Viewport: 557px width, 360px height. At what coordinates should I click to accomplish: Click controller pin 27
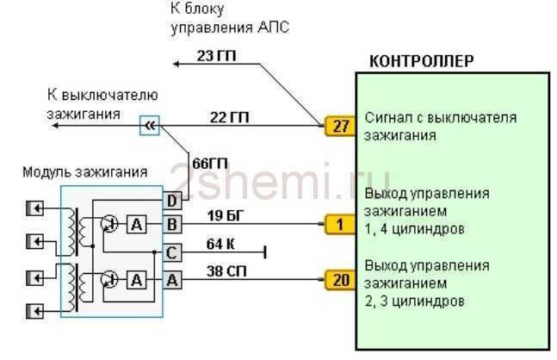tap(340, 126)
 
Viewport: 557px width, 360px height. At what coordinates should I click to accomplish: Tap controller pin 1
tap(340, 224)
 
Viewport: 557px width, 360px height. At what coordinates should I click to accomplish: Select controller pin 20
tap(340, 280)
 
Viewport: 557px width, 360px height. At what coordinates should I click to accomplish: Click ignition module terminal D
tap(172, 202)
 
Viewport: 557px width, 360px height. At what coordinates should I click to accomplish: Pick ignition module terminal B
tap(172, 224)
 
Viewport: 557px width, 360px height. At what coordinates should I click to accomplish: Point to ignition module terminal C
tap(172, 252)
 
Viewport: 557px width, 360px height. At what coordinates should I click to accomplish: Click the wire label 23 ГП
tap(216, 56)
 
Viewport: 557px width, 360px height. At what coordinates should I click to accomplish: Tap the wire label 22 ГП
tap(229, 117)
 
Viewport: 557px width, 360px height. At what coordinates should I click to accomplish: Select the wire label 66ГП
tap(210, 164)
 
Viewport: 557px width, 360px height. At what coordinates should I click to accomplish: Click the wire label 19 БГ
tap(226, 215)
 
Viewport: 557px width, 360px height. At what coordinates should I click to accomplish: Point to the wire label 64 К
tap(220, 244)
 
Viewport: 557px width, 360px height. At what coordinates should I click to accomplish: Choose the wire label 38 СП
tap(226, 271)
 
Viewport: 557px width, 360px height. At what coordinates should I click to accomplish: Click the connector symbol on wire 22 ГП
tap(150, 126)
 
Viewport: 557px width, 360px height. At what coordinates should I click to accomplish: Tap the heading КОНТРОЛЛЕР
tap(422, 61)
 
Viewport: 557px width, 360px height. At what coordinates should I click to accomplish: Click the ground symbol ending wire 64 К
tap(265, 252)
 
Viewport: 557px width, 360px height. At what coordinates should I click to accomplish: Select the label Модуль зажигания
tap(85, 172)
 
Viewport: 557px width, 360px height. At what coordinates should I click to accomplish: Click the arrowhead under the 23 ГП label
tap(176, 64)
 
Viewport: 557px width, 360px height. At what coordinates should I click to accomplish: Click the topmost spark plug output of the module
tap(34, 208)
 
